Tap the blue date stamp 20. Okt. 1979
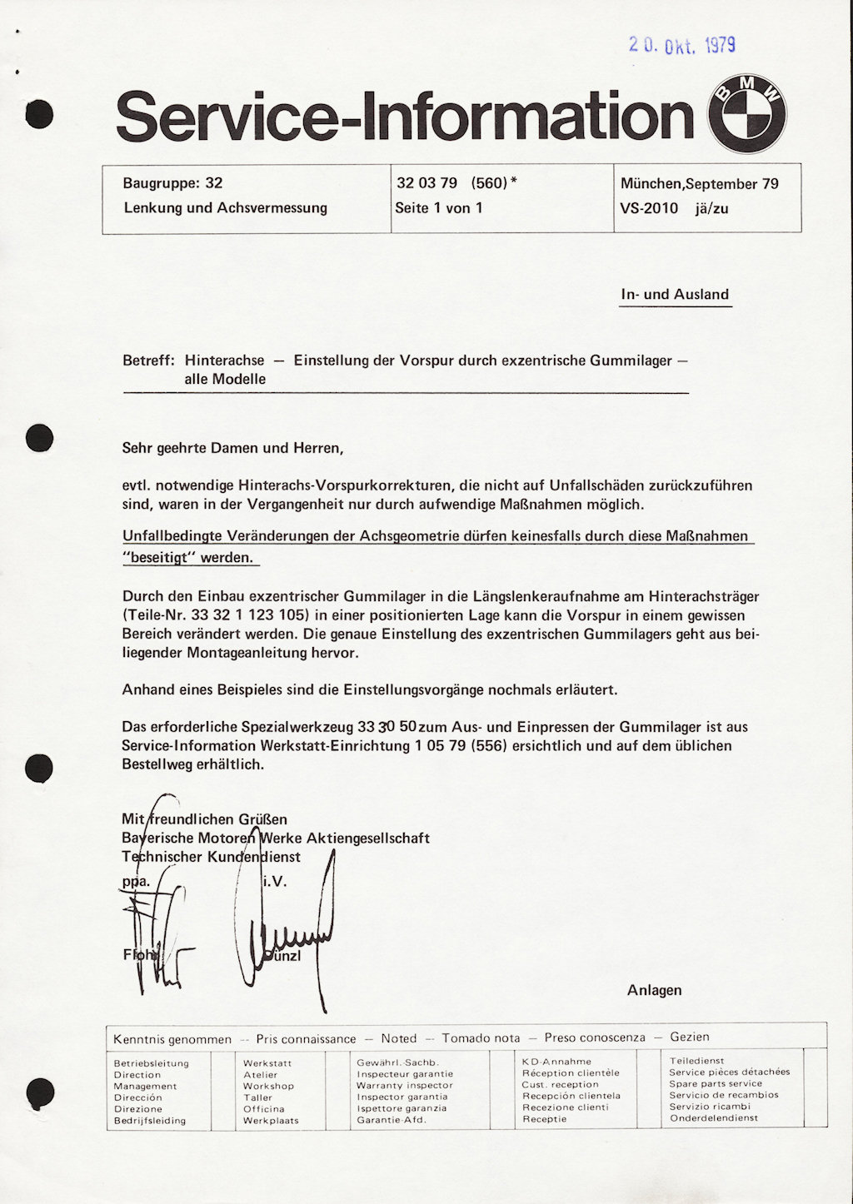point(682,45)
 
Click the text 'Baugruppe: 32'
point(172,183)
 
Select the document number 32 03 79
point(426,183)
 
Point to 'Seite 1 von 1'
point(439,208)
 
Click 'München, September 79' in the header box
point(700,184)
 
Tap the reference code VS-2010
point(649,208)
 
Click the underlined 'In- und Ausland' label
point(675,295)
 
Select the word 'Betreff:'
point(148,361)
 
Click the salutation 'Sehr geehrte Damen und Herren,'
point(232,448)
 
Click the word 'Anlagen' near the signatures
point(654,990)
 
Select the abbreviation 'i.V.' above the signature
point(275,881)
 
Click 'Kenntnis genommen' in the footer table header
point(172,1039)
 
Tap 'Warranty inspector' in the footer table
point(404,1085)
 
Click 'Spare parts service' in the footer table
point(716,1083)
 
